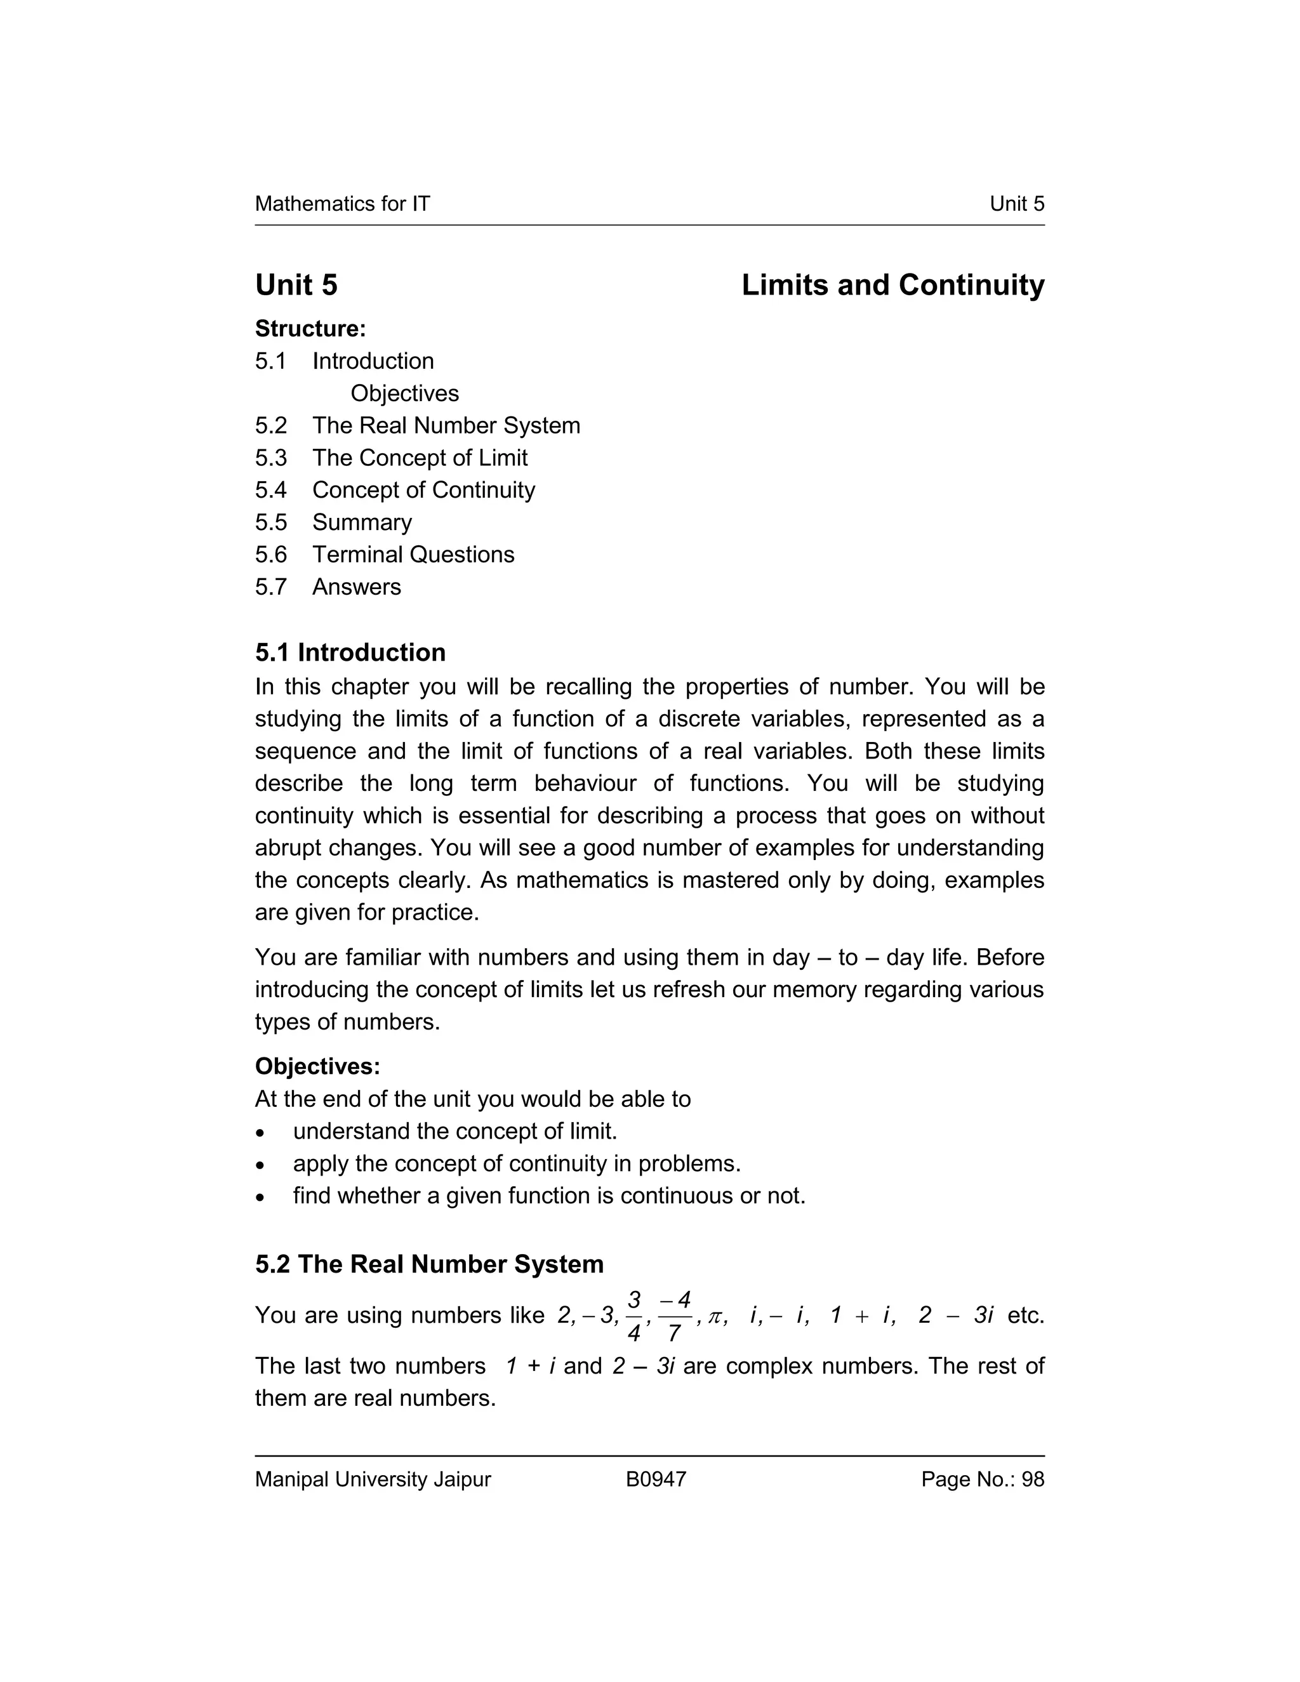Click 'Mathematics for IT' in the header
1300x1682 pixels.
[342, 204]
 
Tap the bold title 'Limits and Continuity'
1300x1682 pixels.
[892, 285]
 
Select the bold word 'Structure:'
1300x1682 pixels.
[310, 329]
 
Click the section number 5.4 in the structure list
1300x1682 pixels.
[270, 490]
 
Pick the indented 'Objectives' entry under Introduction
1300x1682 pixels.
[404, 394]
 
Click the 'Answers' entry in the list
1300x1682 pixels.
[356, 587]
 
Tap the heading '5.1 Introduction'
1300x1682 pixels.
[350, 652]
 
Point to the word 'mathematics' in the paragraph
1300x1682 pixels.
[582, 880]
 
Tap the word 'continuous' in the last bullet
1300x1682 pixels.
[676, 1195]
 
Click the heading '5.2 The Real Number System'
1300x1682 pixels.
[429, 1264]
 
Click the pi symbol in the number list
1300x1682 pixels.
[715, 1317]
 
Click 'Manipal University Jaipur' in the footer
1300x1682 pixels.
[373, 1480]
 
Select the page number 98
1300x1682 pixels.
[1032, 1480]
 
